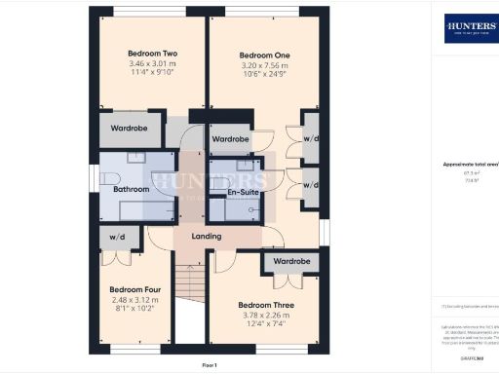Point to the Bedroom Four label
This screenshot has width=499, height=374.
point(134,290)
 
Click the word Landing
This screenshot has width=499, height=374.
point(206,237)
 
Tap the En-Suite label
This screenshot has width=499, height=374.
point(243,193)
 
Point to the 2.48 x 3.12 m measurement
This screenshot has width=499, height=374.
point(134,301)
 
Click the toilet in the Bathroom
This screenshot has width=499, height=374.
point(109,176)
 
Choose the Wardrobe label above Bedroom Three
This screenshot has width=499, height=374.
point(290,262)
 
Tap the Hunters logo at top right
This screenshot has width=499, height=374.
point(469,27)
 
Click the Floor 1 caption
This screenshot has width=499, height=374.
point(209,364)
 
